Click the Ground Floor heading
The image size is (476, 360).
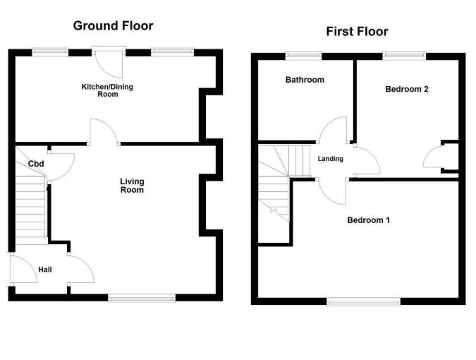(x=113, y=26)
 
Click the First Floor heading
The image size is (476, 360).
(x=357, y=31)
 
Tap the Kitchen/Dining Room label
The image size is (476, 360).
(x=107, y=90)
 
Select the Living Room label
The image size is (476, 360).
(x=132, y=186)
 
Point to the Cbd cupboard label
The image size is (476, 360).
(x=36, y=164)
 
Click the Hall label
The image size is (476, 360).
(x=45, y=270)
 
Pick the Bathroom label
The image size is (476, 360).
(x=305, y=80)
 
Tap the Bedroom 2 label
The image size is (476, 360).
(x=407, y=89)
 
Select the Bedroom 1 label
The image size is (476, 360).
(x=368, y=220)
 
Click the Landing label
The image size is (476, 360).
(x=330, y=159)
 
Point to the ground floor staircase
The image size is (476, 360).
(x=32, y=208)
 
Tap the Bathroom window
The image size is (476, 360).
(x=304, y=55)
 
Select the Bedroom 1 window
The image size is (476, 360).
(x=364, y=301)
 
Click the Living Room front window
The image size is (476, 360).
(x=142, y=298)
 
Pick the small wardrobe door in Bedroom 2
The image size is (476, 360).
(x=434, y=158)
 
